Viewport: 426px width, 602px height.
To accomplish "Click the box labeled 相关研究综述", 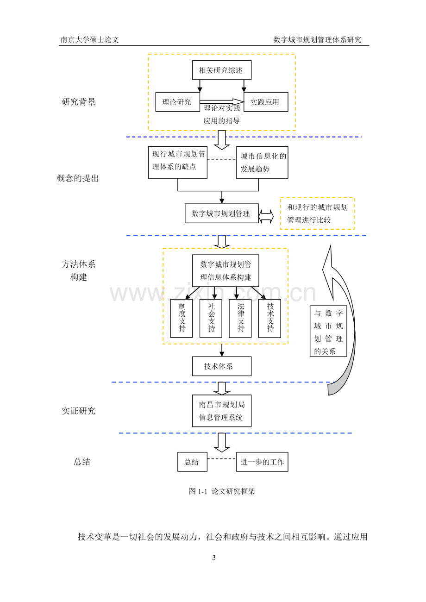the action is click(222, 70).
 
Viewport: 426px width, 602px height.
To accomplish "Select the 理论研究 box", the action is click(178, 102).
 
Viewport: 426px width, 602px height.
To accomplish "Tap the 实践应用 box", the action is click(266, 102).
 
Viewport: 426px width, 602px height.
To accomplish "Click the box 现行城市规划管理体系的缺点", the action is click(178, 163).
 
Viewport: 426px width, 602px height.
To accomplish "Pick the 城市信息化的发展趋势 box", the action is click(263, 163).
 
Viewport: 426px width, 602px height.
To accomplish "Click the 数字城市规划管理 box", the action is click(222, 213).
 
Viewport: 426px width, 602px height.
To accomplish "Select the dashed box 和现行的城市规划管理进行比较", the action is click(318, 213).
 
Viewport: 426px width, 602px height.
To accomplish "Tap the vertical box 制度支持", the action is click(182, 318).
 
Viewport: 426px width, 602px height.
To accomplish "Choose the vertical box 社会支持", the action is click(211, 318).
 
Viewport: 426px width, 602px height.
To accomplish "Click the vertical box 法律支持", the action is click(240, 318).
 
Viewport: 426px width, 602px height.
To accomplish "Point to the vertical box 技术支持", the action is click(269, 318).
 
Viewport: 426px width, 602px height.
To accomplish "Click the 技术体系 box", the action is click(222, 366).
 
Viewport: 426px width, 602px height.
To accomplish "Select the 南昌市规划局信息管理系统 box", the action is click(222, 411).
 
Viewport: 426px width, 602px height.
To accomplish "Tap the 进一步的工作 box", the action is click(263, 462).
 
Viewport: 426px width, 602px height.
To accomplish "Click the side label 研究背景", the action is click(78, 102).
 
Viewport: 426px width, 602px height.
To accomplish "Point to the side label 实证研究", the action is click(78, 411).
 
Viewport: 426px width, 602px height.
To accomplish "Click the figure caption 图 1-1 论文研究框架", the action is click(222, 491).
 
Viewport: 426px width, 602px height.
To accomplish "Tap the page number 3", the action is click(214, 558).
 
